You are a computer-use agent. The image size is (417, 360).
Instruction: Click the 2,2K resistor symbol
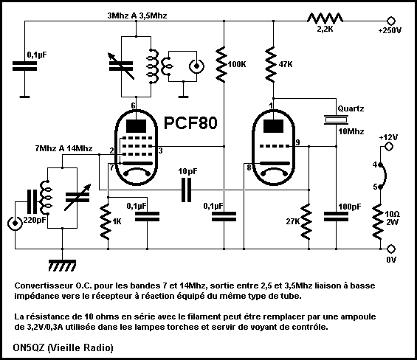pos(325,19)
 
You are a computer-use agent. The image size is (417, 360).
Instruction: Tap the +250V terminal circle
pos(391,21)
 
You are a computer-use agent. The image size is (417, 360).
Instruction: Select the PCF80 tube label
pos(190,123)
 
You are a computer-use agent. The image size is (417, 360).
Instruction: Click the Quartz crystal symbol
pos(336,120)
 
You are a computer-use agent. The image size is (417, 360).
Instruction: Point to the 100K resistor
pos(222,64)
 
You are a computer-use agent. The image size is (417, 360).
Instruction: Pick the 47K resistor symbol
pos(271,64)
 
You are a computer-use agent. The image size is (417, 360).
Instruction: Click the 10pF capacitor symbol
pos(186,190)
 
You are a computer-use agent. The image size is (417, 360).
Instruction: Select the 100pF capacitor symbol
pos(336,217)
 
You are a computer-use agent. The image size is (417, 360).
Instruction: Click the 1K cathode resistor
pos(106,221)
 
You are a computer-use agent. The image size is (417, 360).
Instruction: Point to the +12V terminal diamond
pos(389,147)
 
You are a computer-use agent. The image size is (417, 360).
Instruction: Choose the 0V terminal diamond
pos(391,249)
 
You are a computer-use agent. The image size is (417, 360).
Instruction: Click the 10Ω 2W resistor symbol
pos(378,221)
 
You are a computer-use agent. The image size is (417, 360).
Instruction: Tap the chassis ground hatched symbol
pos(62,265)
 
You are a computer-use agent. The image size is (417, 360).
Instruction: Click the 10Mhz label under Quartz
pos(351,131)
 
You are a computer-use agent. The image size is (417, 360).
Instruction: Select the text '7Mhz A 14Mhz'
pos(63,148)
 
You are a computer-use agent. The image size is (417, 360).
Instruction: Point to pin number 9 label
pos(297,142)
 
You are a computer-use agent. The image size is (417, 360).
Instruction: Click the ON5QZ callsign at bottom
pos(29,347)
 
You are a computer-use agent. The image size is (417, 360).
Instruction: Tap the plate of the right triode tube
pos(273,126)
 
